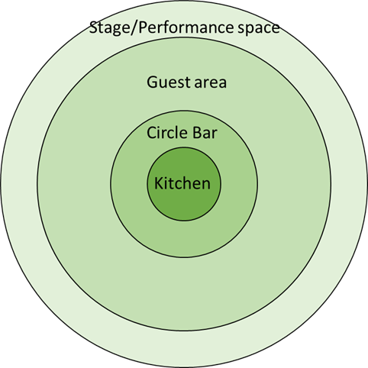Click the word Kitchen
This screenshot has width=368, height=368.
pyautogui.click(x=182, y=183)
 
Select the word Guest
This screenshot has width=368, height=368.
pyautogui.click(x=168, y=82)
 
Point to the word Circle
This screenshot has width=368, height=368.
pyautogui.click(x=166, y=132)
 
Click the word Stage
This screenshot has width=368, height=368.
pyautogui.click(x=109, y=28)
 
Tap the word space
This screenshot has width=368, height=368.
pyautogui.click(x=259, y=29)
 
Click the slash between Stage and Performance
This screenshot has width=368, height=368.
pyautogui.click(x=134, y=28)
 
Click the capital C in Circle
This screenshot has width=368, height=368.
pyautogui.click(x=152, y=132)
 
